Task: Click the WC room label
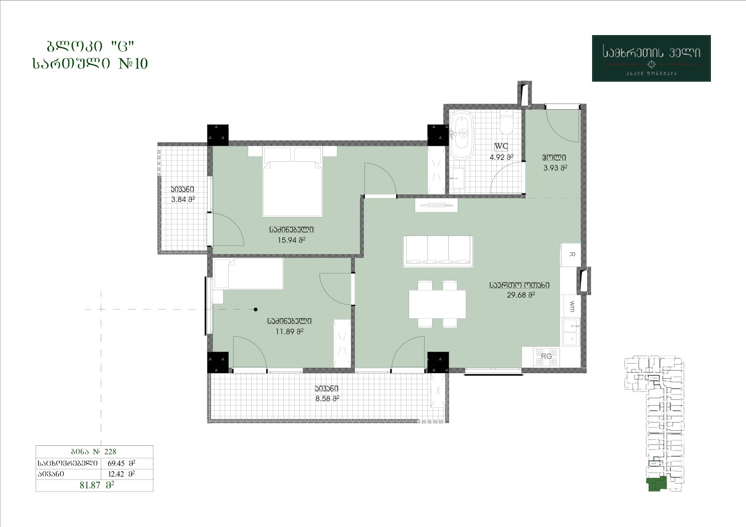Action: [501, 146]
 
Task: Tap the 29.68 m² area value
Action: [521, 295]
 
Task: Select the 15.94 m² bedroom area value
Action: [291, 240]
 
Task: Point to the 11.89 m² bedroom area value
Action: [289, 331]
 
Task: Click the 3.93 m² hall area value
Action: [555, 168]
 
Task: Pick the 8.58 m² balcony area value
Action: [327, 399]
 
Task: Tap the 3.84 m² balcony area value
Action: [183, 199]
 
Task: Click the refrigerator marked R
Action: [571, 254]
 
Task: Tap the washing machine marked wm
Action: [571, 307]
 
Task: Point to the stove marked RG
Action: [546, 357]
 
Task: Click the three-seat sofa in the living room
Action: [438, 251]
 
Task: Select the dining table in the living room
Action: [437, 304]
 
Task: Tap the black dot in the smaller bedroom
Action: [256, 310]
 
